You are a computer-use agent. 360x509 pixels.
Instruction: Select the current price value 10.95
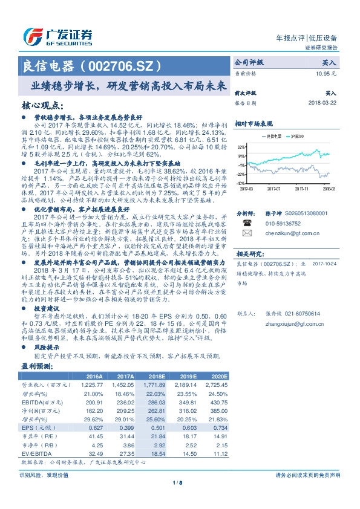pos(326,73)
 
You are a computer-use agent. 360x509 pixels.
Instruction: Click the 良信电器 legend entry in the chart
pos(275,137)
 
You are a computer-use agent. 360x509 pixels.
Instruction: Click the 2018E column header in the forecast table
pos(157,377)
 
